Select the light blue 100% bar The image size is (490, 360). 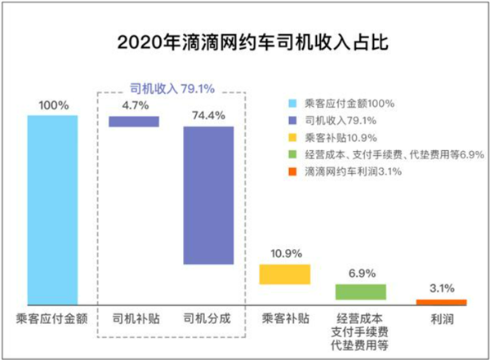coord(52,209)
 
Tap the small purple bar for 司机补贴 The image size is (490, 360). coord(134,121)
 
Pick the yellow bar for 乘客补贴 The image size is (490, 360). coord(284,273)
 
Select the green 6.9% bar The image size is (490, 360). coord(360,291)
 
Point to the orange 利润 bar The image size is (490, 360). coord(446,302)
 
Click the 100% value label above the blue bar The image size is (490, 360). coord(52,105)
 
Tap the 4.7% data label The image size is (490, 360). coord(134,104)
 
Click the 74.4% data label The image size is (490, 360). coord(208,115)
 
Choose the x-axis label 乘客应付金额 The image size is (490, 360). coord(52,317)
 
